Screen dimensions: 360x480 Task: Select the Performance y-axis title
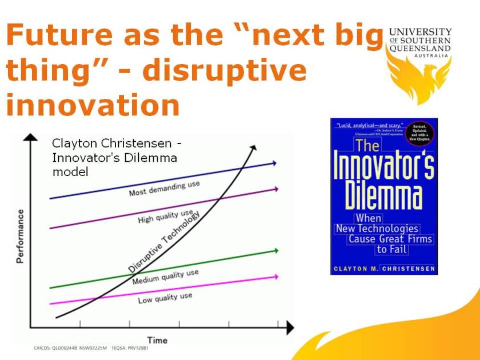coord(21,236)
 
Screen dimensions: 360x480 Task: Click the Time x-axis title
coord(157,340)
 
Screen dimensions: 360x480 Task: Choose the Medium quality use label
coord(165,277)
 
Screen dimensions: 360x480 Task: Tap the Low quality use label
coord(165,297)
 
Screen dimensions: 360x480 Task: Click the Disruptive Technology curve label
coord(165,241)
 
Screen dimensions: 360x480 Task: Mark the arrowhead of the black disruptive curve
coord(253,147)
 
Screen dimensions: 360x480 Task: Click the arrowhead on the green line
coord(275,250)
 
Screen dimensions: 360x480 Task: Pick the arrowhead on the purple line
coord(275,188)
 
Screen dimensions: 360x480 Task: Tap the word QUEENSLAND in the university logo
coord(420,49)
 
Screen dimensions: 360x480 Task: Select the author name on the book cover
coord(383,269)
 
